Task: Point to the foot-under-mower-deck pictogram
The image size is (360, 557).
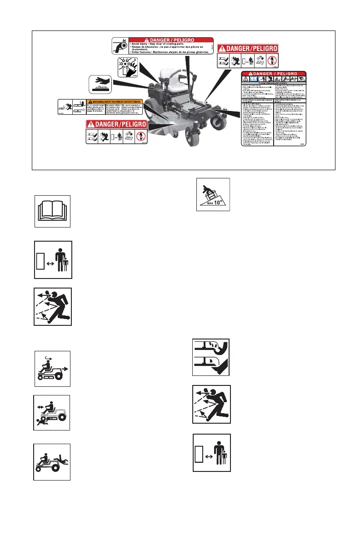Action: (211, 357)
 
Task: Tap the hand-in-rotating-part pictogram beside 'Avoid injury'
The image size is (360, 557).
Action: (120, 46)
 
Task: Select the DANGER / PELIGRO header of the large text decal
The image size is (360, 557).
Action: (274, 73)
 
